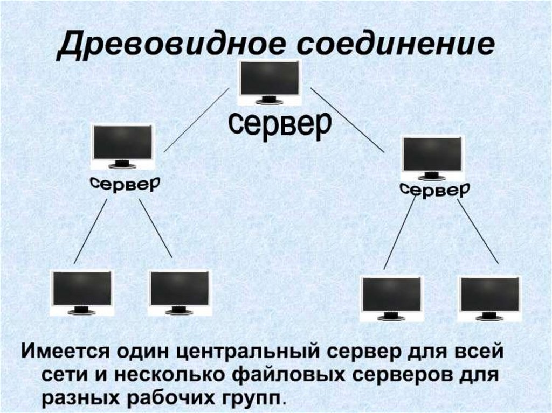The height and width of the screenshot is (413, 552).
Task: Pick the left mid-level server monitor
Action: pyautogui.click(x=122, y=144)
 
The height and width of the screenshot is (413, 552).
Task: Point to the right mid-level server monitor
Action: pyautogui.click(x=432, y=156)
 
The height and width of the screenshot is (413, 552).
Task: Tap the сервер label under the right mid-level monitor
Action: pyautogui.click(x=434, y=190)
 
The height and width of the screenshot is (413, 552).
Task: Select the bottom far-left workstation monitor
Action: pyautogui.click(x=82, y=291)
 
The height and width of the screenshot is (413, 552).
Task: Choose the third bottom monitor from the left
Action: pyautogui.click(x=391, y=297)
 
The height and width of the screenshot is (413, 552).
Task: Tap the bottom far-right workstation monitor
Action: pyautogui.click(x=489, y=297)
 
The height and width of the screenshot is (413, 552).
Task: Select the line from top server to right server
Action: pyautogui.click(x=347, y=120)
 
